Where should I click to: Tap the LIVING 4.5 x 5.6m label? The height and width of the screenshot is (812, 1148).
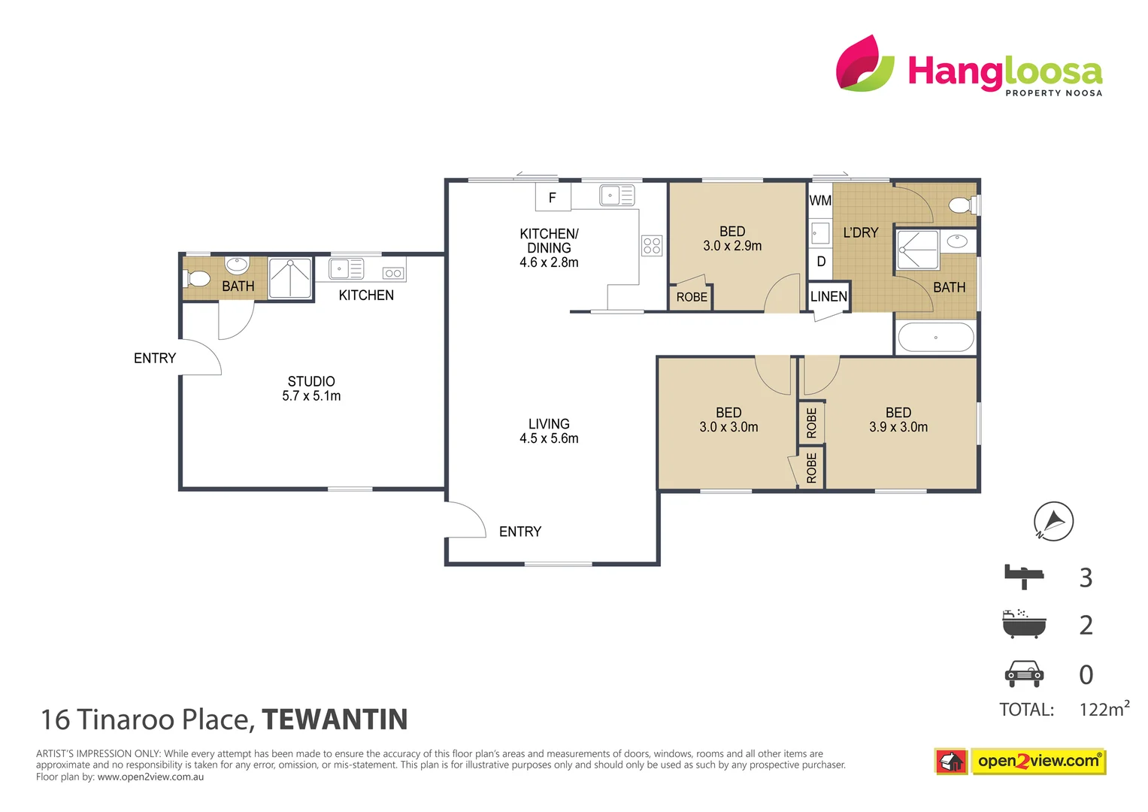(549, 431)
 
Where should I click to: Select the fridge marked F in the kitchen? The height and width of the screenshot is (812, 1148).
(553, 198)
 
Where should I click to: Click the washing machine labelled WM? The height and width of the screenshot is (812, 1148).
(820, 201)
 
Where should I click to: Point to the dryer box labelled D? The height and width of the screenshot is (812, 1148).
(821, 262)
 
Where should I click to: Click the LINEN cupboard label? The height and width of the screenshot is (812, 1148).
(828, 296)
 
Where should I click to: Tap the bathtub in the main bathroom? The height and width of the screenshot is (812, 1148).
(936, 338)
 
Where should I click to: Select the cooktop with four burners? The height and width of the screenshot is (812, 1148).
(652, 246)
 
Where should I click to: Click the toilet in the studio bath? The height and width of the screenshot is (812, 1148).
(197, 279)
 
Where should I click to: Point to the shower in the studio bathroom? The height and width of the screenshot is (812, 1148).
(290, 277)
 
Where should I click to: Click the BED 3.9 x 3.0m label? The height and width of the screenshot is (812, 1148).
(898, 420)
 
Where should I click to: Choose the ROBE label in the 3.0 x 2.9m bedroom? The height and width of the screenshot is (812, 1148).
(692, 297)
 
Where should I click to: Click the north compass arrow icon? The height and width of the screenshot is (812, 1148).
(1053, 521)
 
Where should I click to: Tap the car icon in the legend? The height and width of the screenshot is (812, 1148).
(1024, 674)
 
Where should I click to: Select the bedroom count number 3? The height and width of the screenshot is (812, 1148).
(1086, 577)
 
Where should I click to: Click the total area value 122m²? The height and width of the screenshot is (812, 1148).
(1104, 709)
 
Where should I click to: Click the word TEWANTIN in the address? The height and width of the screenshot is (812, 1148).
(335, 720)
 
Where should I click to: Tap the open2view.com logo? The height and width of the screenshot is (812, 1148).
(1038, 761)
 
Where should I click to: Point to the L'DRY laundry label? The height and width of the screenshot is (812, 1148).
(861, 233)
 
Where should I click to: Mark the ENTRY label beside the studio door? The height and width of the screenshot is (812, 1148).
(155, 359)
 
